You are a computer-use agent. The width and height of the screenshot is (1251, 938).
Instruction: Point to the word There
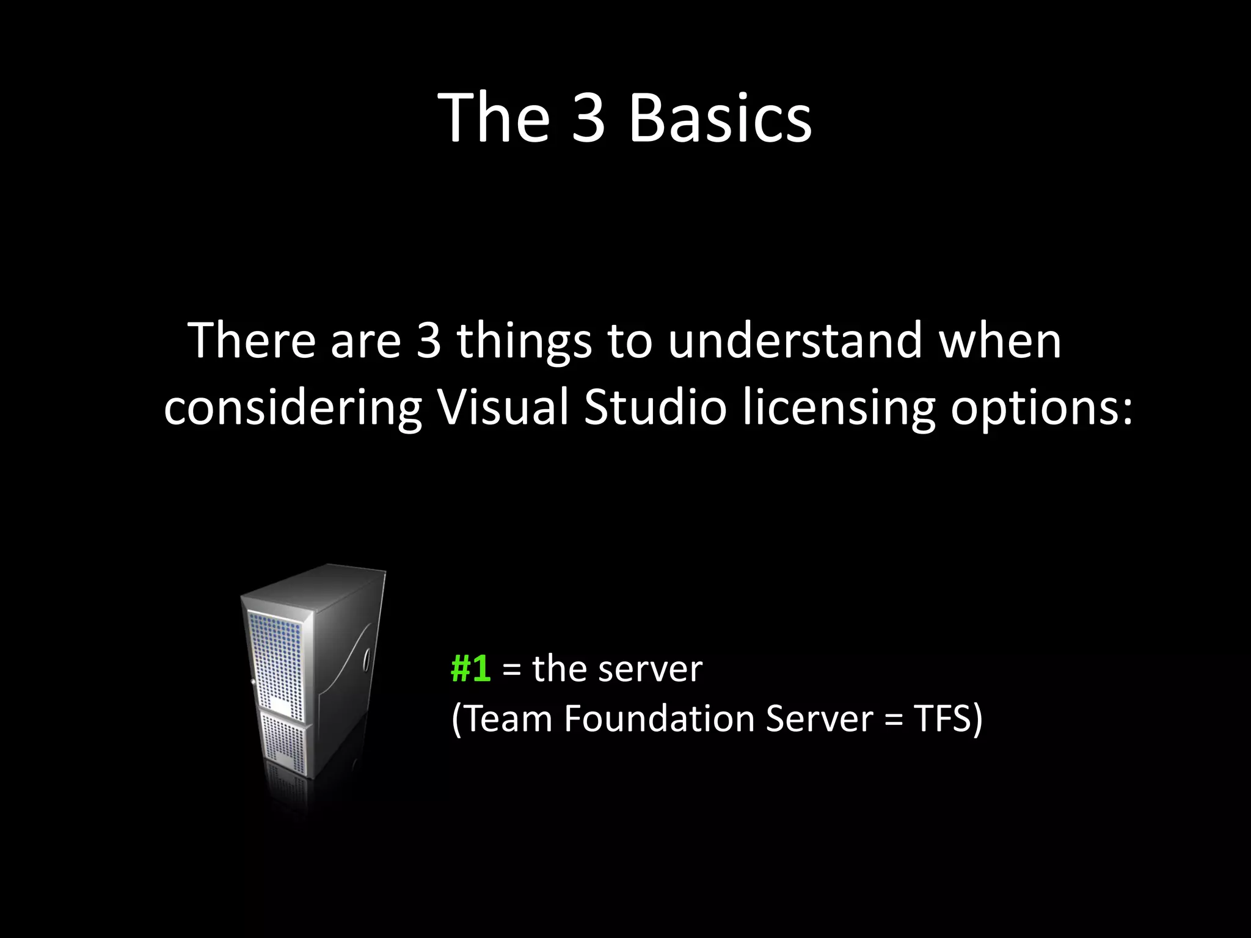click(252, 340)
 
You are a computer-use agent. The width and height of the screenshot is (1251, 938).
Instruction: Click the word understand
click(794, 340)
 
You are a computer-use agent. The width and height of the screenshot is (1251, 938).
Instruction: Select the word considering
click(293, 409)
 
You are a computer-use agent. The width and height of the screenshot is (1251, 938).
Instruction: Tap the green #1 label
click(470, 669)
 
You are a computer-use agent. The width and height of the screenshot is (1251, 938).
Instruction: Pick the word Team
click(507, 719)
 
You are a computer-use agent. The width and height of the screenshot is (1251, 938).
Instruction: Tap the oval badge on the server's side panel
click(367, 660)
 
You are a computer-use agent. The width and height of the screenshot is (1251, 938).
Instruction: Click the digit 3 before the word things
click(428, 340)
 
